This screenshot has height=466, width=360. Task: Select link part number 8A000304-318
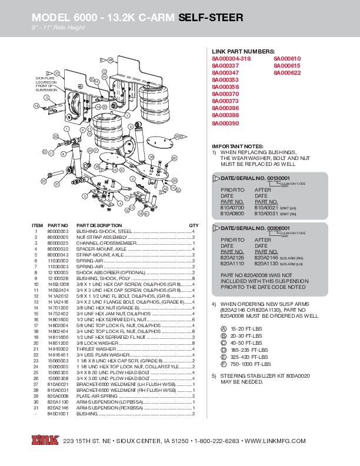point(231,59)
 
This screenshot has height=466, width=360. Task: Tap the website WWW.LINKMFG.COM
point(275,441)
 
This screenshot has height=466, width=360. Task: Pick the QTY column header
point(193,225)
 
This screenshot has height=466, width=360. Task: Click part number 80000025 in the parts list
point(58,242)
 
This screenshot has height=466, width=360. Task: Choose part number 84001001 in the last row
point(58,414)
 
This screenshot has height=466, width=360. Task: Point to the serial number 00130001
point(278,178)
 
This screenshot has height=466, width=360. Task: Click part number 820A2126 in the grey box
point(232,257)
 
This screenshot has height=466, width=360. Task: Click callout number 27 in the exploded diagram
point(57,72)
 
